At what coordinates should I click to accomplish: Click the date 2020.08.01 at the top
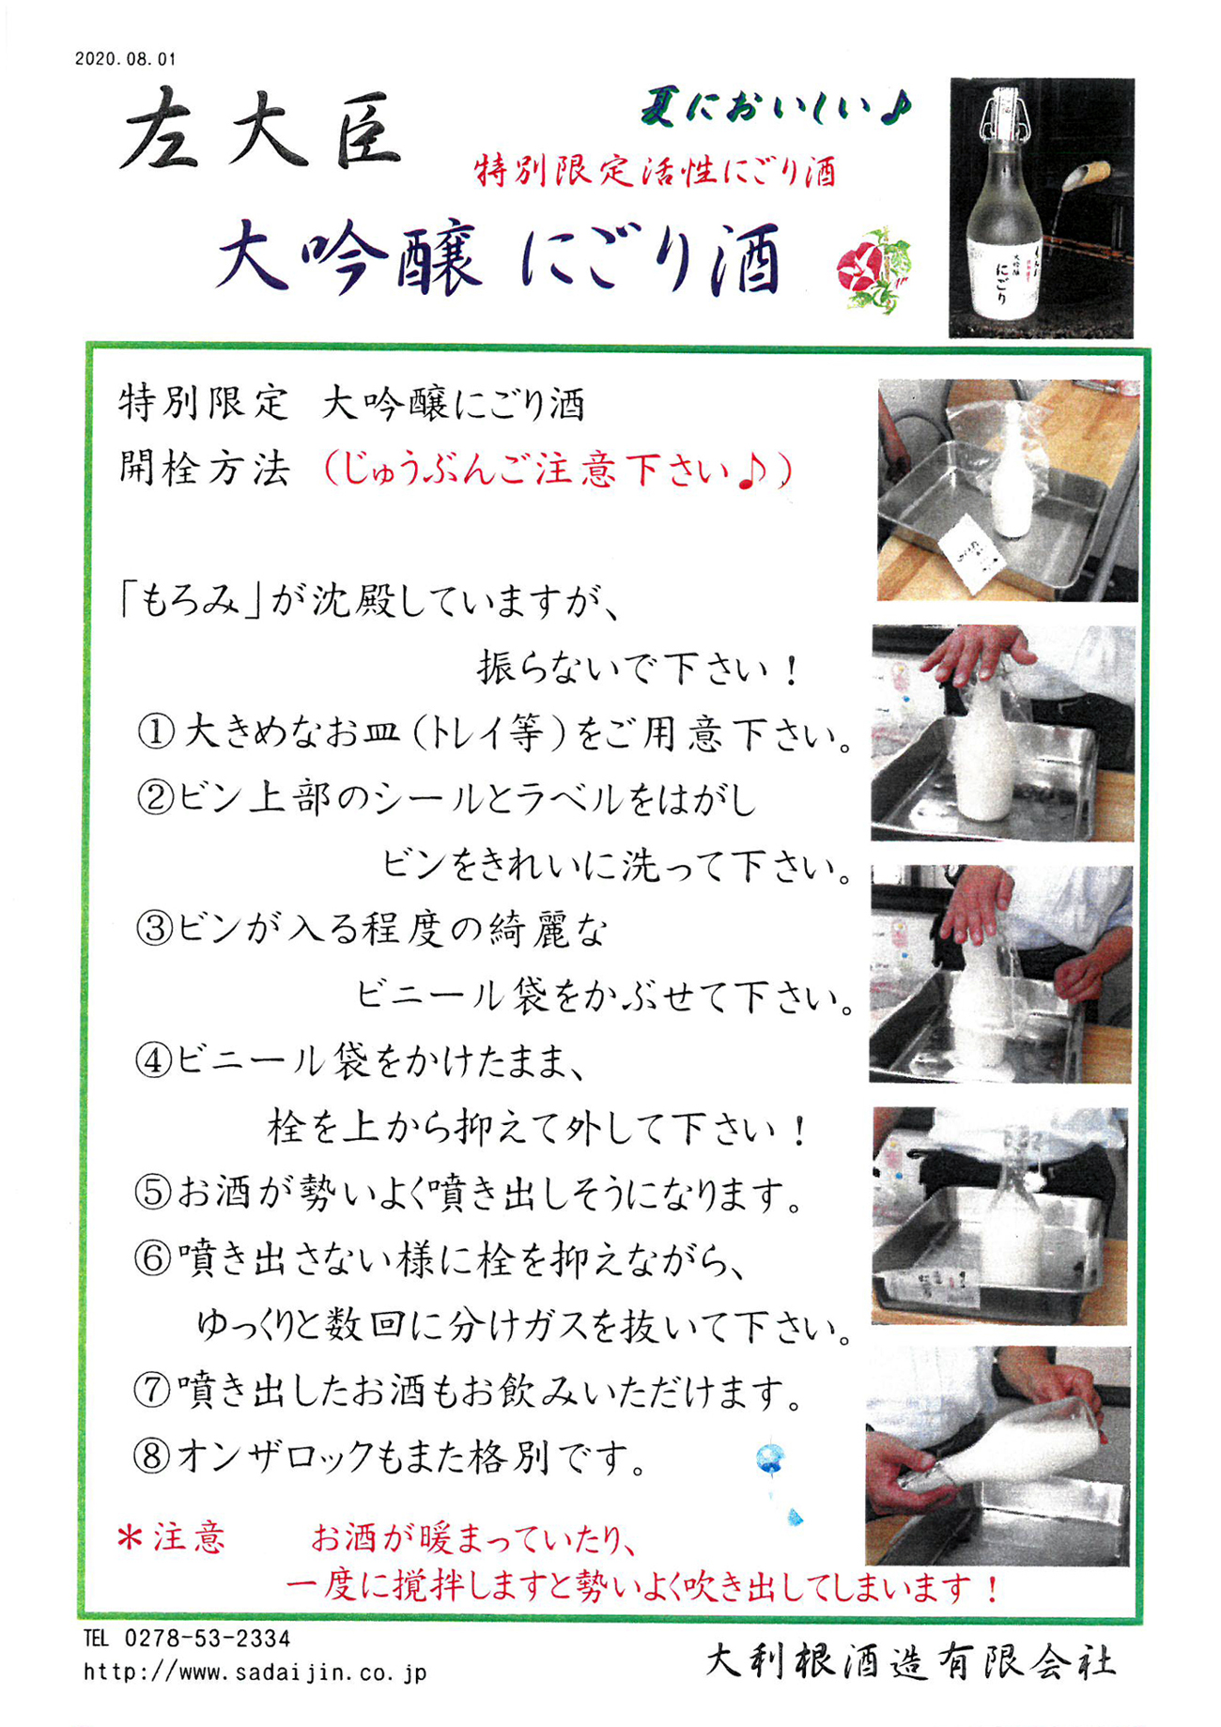coord(125,59)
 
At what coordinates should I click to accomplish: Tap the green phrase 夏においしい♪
coord(776,109)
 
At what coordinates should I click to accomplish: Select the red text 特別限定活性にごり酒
coord(655,172)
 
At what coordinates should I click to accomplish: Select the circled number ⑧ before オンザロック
coord(152,1457)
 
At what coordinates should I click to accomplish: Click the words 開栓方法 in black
coord(204,468)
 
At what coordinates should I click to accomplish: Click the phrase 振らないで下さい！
coord(639,670)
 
